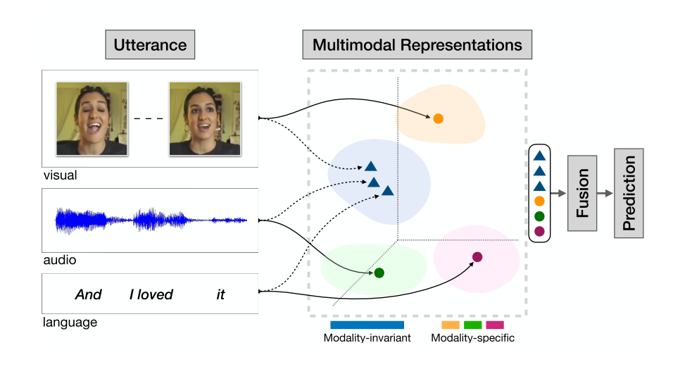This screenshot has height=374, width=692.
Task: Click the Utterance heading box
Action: [150, 46]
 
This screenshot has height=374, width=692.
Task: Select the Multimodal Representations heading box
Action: [417, 46]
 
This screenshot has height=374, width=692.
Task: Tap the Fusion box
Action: [582, 193]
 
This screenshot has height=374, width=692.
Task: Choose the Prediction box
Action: [629, 193]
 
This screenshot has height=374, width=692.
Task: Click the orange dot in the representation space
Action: [438, 118]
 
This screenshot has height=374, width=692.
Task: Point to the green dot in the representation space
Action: [379, 273]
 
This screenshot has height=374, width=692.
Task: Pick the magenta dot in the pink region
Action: [477, 257]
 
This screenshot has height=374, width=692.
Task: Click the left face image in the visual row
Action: [92, 119]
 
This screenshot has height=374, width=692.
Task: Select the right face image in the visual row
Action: [205, 119]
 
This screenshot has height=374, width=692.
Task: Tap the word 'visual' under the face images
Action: [60, 175]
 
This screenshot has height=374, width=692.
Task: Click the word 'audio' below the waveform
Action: [59, 261]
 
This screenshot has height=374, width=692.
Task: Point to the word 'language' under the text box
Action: [70, 323]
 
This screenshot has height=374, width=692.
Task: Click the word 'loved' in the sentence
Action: [158, 294]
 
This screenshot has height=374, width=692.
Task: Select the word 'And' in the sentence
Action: [89, 294]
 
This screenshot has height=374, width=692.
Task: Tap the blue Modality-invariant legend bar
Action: [367, 325]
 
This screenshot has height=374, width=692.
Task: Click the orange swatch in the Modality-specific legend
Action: [451, 325]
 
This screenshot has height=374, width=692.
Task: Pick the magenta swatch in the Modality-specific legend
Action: [495, 325]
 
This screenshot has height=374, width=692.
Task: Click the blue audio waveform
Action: [151, 220]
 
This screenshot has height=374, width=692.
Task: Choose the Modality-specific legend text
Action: [472, 338]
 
